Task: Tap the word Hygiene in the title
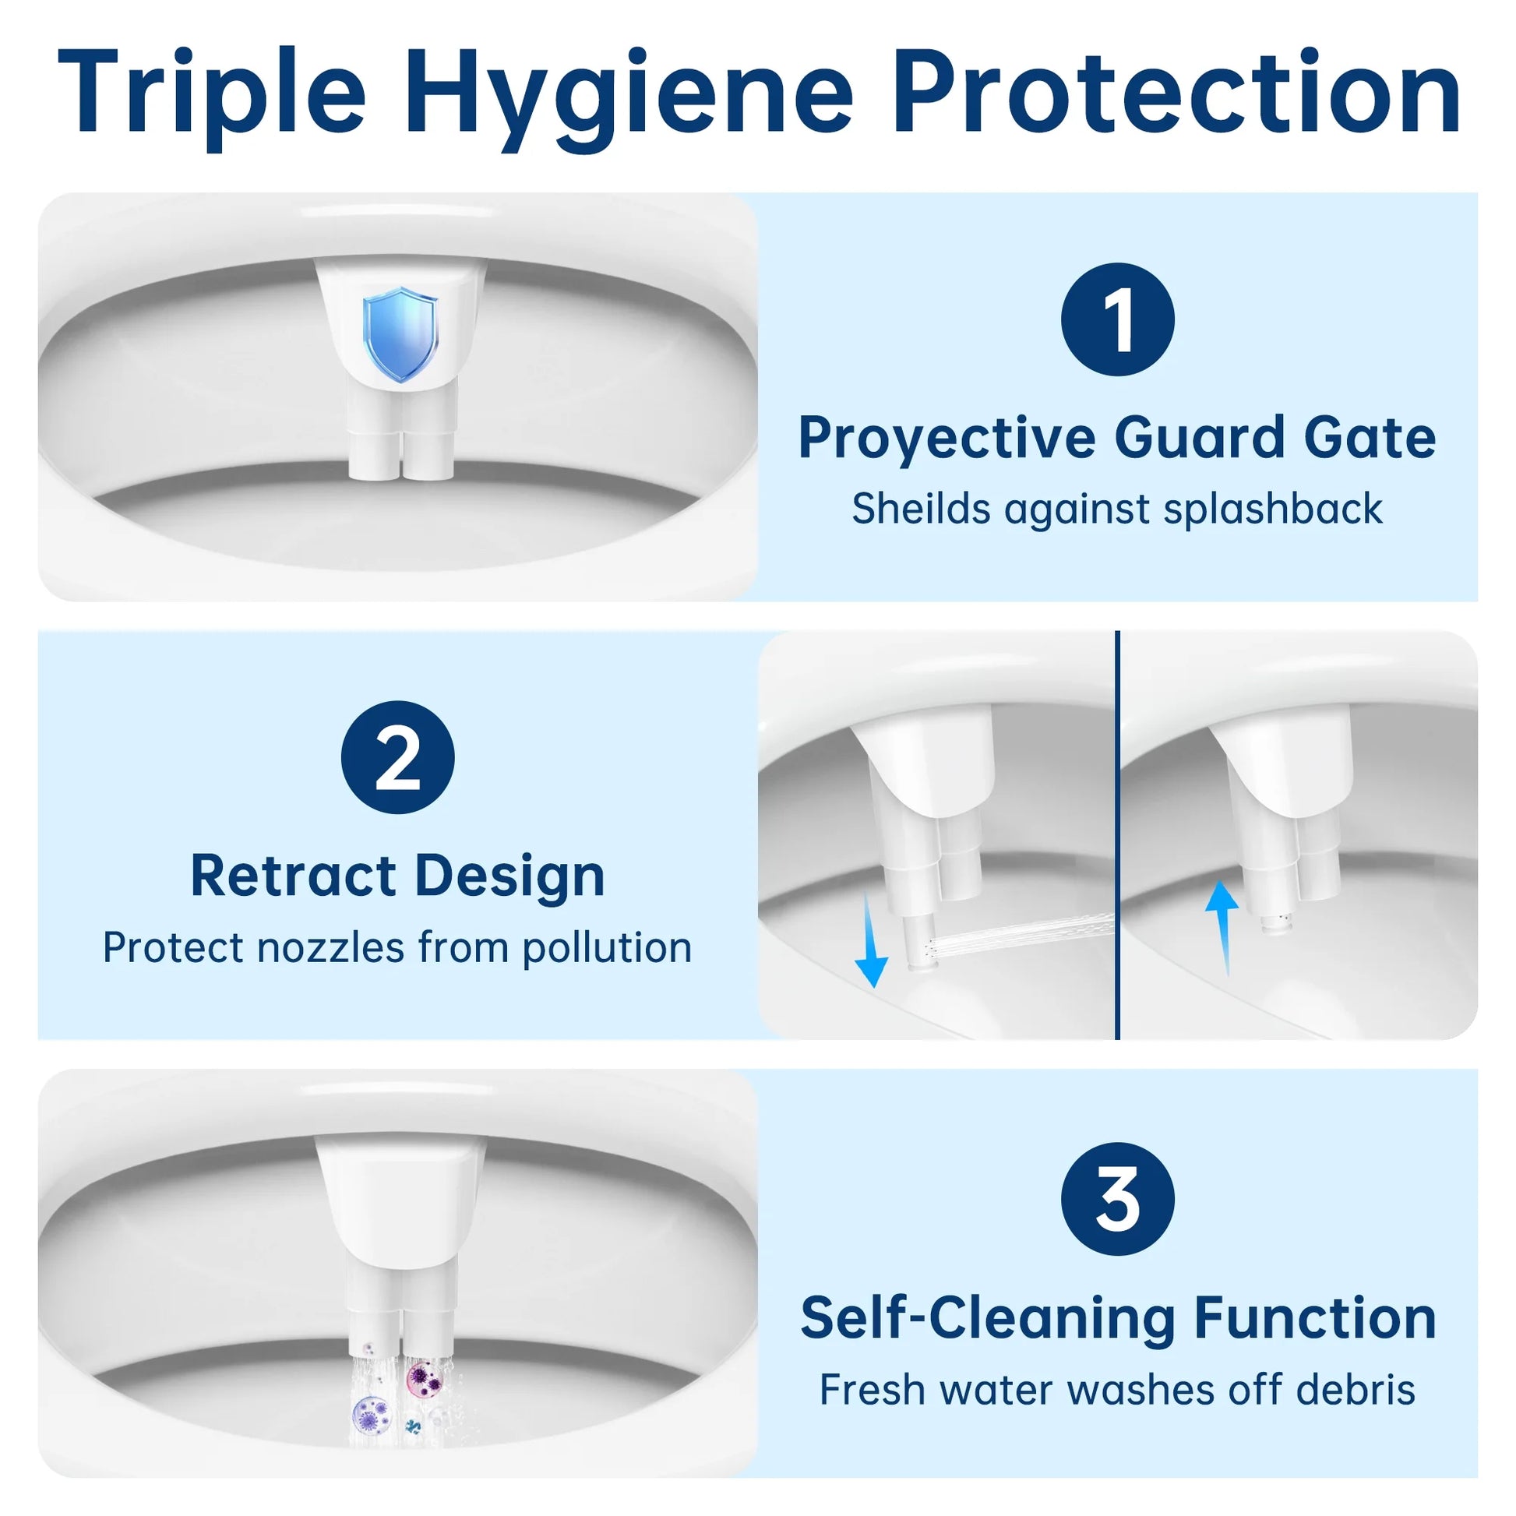[x=628, y=98]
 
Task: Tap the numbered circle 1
[x=1117, y=319]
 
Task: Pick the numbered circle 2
[x=398, y=757]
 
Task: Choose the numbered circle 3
[x=1117, y=1199]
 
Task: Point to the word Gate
[x=1370, y=437]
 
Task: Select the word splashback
[x=1273, y=509]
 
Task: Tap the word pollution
[x=608, y=947]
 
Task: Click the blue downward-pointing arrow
[x=871, y=942]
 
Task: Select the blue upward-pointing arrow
[x=1222, y=926]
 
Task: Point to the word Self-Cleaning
[x=987, y=1318]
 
